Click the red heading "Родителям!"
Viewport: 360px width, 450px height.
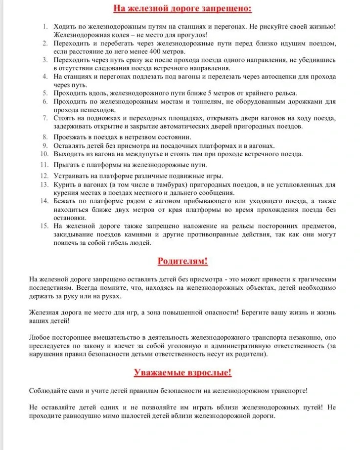182,261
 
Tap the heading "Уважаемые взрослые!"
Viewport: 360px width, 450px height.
182,372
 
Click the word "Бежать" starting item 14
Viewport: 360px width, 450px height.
65,201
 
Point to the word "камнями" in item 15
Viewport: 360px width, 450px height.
138,235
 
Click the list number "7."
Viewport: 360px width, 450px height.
45,118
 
